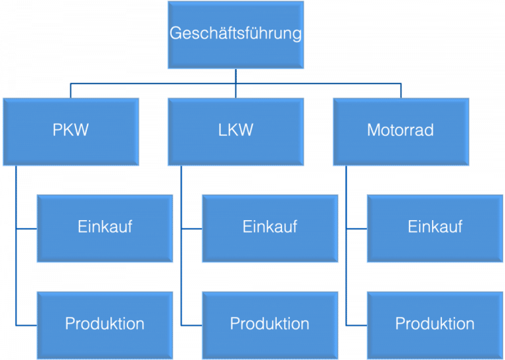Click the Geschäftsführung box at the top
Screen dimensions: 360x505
235,34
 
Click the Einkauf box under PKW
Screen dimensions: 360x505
105,228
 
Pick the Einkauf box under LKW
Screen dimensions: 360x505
270,228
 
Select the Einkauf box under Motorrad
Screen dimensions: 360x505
435,228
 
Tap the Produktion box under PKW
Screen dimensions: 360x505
105,324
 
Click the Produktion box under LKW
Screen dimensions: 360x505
270,324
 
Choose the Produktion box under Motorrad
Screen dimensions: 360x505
435,324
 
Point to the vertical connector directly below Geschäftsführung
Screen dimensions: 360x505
235,76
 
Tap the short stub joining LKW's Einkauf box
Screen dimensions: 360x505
191,229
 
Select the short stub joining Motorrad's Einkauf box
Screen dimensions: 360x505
356,229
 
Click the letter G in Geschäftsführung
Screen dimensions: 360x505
176,34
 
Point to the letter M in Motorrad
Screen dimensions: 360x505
373,131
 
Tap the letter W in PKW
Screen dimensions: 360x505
81,131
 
